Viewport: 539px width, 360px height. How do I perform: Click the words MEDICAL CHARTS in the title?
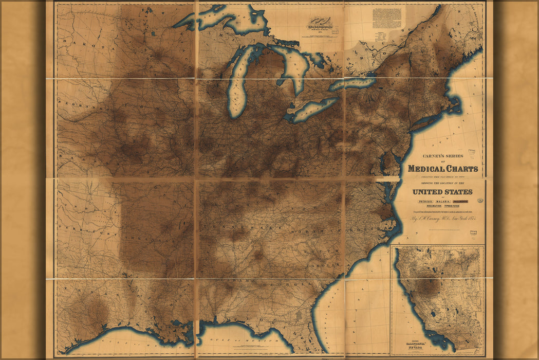[442, 168]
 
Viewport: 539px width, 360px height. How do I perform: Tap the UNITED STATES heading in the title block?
[442, 192]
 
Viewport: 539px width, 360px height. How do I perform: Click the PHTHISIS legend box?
[419, 201]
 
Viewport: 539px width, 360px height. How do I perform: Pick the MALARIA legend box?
[443, 201]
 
